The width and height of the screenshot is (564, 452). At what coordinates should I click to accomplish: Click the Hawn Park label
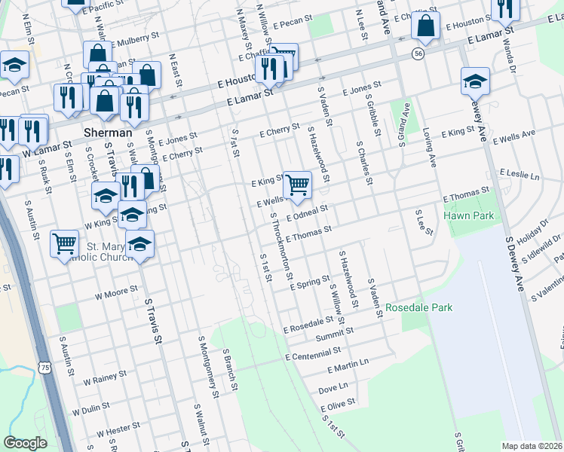468,216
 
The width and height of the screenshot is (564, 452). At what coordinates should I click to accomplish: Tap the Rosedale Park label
418,308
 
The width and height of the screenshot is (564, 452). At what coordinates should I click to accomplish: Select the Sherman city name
109,132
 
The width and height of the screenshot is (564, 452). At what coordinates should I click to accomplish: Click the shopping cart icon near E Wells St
298,184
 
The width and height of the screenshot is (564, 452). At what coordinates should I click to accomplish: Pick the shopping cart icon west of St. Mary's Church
65,243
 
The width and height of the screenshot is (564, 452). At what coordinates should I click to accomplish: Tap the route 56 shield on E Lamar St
417,53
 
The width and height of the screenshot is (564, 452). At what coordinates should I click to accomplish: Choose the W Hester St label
113,431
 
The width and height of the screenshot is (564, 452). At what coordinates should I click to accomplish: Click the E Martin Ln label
348,366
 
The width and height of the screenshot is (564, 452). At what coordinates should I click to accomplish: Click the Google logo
25,443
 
